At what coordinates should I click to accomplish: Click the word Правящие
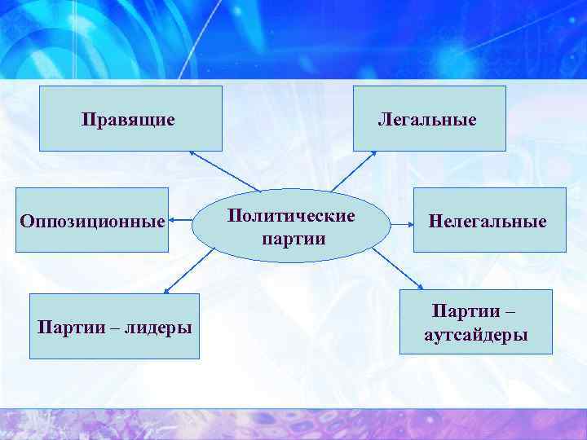coord(128,120)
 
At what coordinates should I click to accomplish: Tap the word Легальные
coord(426,120)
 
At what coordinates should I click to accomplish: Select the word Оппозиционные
coord(92,221)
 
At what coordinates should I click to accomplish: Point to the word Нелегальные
coord(488,221)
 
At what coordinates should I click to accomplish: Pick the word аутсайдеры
coord(476,335)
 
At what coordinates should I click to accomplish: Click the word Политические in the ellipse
coord(291,217)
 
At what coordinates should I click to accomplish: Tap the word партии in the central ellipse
coord(293,239)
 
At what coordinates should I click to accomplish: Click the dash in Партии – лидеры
coord(107,328)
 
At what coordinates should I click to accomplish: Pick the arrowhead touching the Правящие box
coord(192,152)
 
